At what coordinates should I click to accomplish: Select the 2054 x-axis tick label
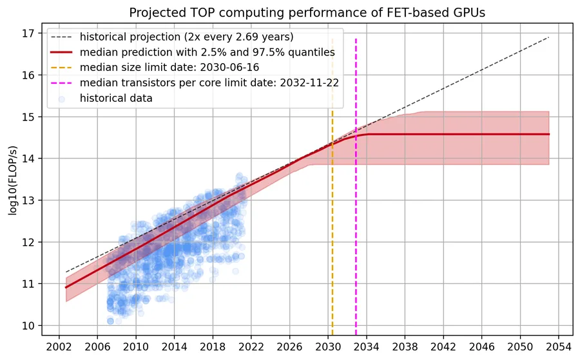click(x=558, y=346)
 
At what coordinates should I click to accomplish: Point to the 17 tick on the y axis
click(x=28, y=33)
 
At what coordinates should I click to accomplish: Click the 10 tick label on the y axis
click(x=28, y=326)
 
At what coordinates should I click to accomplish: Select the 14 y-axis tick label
click(x=28, y=158)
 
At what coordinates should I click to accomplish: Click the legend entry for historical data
click(x=116, y=98)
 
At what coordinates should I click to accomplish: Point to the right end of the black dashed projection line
click(x=549, y=37)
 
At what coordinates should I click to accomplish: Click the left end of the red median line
click(x=66, y=287)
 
